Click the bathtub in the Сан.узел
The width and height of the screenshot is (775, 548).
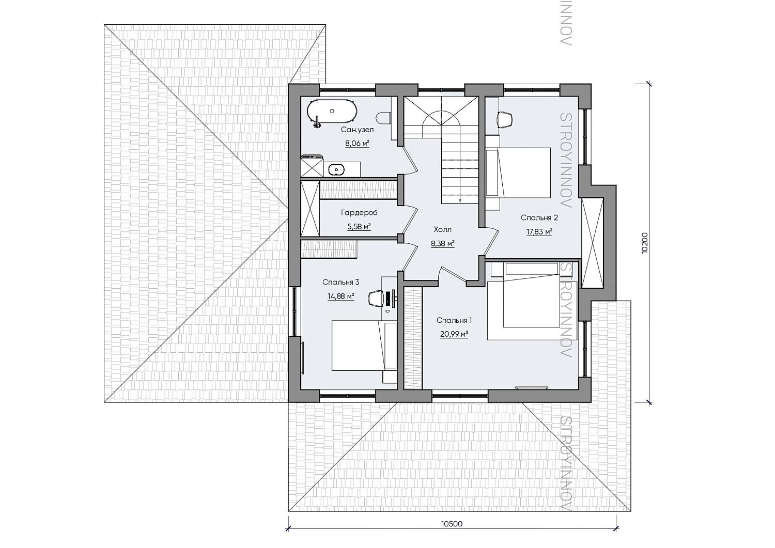pyautogui.click(x=330, y=111)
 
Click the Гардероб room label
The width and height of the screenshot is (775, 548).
pyautogui.click(x=359, y=212)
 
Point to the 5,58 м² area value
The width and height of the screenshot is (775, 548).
pyautogui.click(x=359, y=227)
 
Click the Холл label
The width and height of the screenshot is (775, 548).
pyautogui.click(x=442, y=229)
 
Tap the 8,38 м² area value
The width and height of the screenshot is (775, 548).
pyautogui.click(x=442, y=244)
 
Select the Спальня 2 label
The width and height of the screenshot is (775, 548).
pyautogui.click(x=539, y=217)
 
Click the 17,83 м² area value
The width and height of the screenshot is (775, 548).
pyautogui.click(x=539, y=232)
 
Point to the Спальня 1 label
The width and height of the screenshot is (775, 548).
pyautogui.click(x=454, y=320)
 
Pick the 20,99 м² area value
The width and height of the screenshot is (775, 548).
pyautogui.click(x=454, y=334)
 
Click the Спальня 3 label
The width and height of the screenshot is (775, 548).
pyautogui.click(x=341, y=282)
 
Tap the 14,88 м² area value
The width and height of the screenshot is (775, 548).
pyautogui.click(x=341, y=296)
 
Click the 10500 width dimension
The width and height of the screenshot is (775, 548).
pyautogui.click(x=452, y=524)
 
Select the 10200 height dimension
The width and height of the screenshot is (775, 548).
pyautogui.click(x=644, y=243)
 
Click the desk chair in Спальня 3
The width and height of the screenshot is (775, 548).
pyautogui.click(x=376, y=299)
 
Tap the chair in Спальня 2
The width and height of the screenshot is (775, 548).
pyautogui.click(x=505, y=119)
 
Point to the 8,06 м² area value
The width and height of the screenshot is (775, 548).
pyautogui.click(x=357, y=143)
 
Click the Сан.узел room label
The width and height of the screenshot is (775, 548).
pyautogui.click(x=357, y=130)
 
